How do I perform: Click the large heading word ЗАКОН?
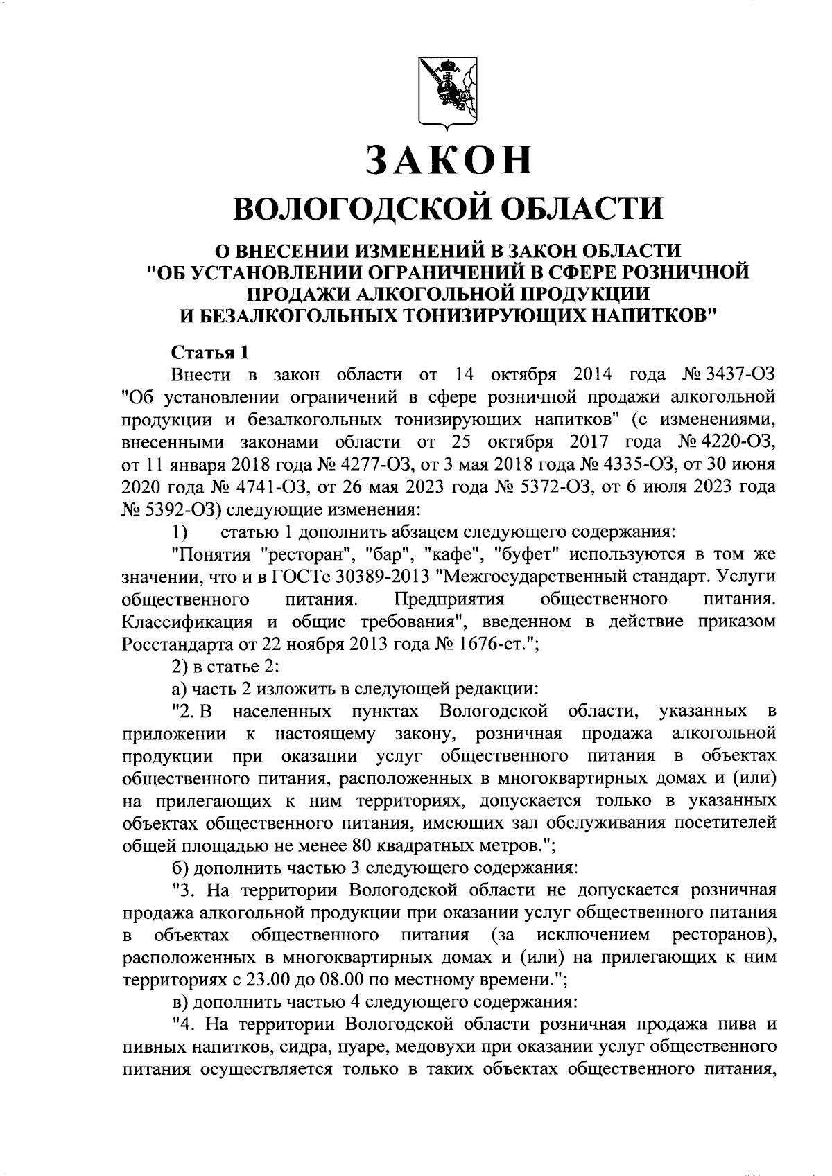449,159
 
